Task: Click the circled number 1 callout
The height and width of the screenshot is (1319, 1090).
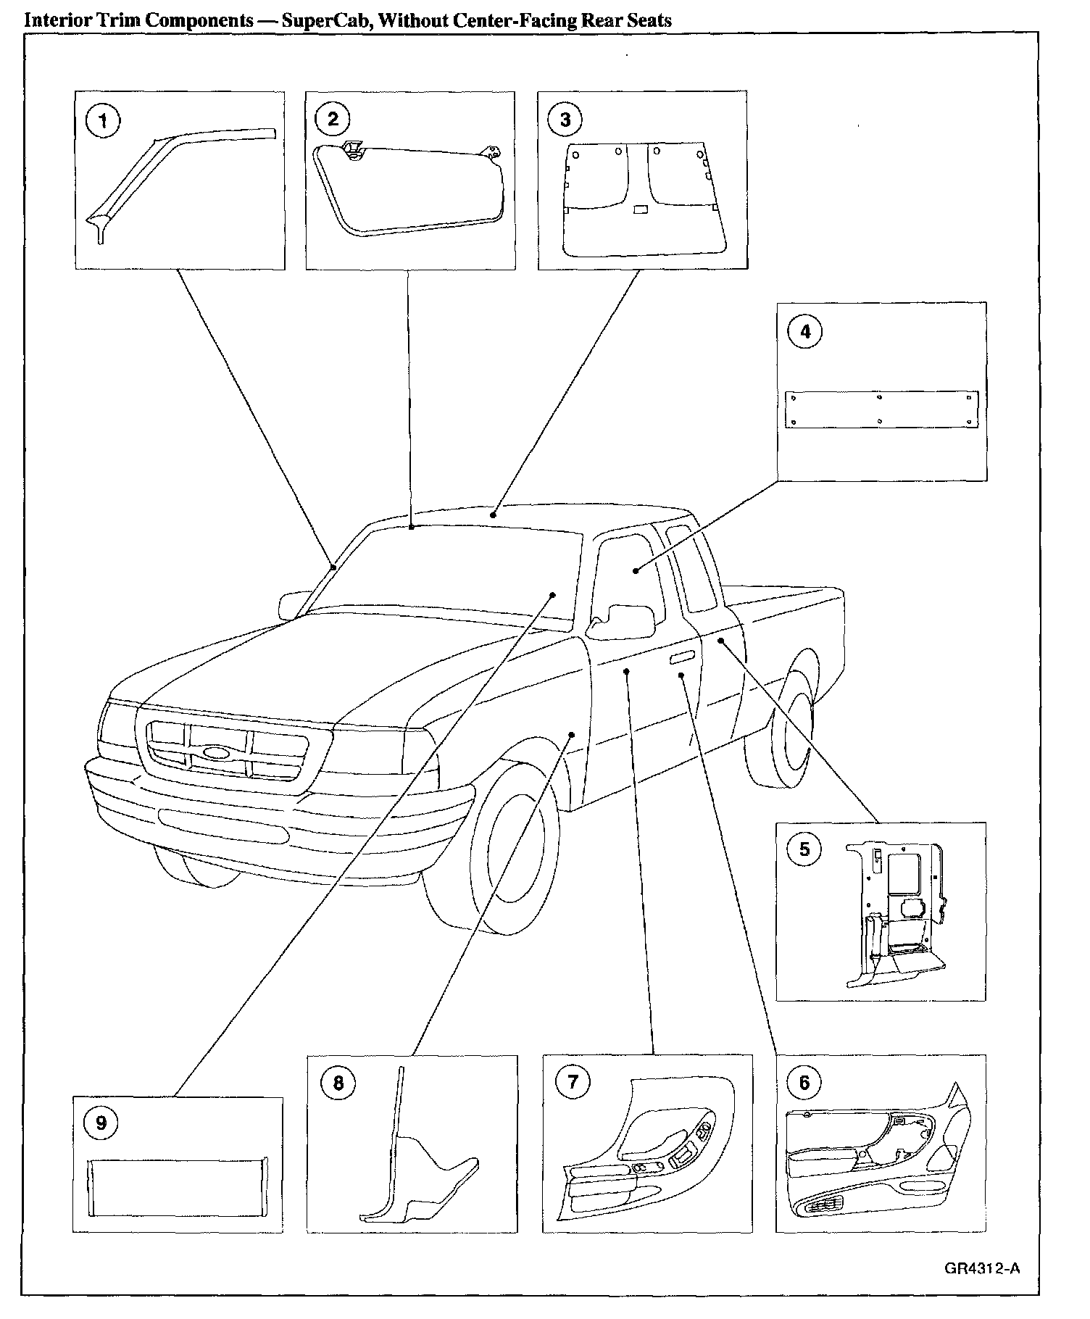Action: click(x=103, y=121)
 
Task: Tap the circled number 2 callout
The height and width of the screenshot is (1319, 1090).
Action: click(x=333, y=119)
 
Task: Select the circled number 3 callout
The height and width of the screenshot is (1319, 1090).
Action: click(x=565, y=120)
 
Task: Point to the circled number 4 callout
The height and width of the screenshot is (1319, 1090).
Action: click(x=804, y=331)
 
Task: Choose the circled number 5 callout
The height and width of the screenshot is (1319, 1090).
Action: click(x=804, y=849)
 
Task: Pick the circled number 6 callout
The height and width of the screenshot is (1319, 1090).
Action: click(x=804, y=1083)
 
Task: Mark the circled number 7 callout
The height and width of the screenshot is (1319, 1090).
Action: click(x=573, y=1083)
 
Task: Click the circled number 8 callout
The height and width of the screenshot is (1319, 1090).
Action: click(x=338, y=1084)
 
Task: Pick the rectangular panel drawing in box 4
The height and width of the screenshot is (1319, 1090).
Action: click(x=881, y=409)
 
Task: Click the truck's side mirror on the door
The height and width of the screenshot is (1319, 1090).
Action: click(x=622, y=621)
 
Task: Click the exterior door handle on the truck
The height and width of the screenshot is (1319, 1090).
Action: click(x=682, y=657)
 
